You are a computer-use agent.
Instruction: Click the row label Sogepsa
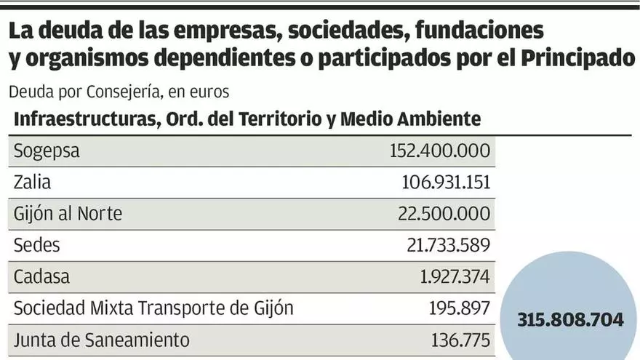(x=47, y=152)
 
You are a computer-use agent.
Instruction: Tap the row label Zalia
(x=33, y=183)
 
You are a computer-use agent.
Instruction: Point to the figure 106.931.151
(x=447, y=183)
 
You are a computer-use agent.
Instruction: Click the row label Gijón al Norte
(x=68, y=214)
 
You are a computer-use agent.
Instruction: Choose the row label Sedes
(x=36, y=245)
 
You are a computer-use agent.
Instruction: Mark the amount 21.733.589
(x=447, y=245)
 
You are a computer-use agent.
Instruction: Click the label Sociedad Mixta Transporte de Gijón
(x=153, y=308)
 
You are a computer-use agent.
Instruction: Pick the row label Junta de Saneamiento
(x=102, y=339)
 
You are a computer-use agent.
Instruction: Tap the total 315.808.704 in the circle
(x=571, y=320)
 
